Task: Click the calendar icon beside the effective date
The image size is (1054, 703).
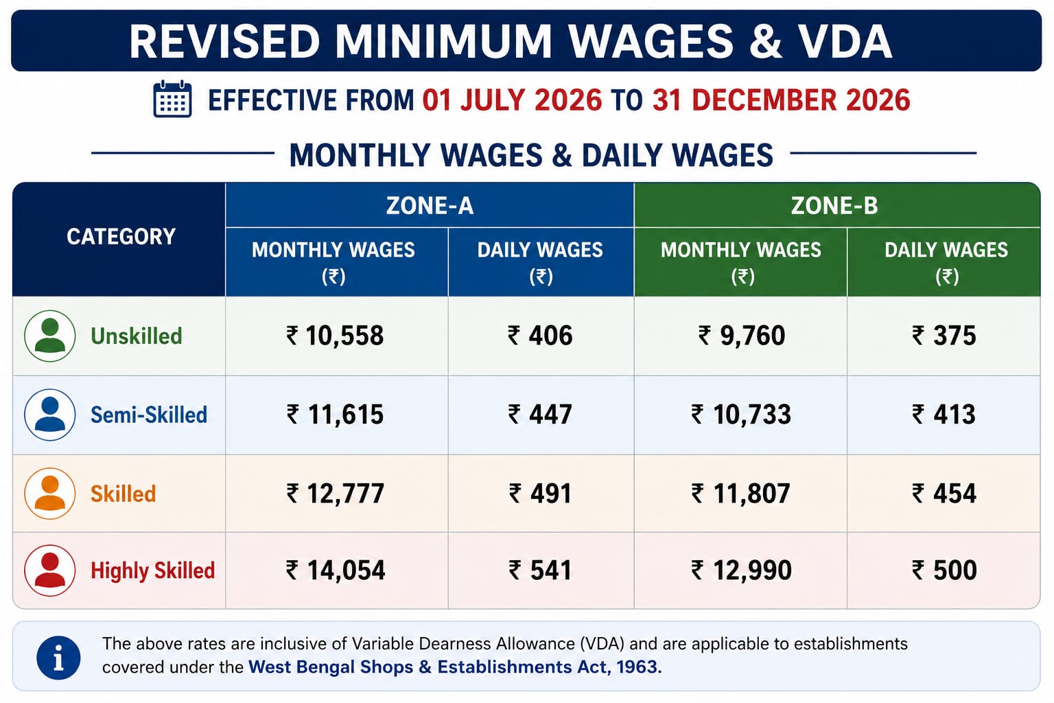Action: [x=172, y=99]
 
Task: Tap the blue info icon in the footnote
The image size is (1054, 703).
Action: [x=58, y=657]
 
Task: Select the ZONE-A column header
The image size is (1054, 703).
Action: [x=430, y=206]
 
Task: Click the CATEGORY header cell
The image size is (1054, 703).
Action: [x=121, y=236]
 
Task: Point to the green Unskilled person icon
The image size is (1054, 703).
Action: [x=50, y=336]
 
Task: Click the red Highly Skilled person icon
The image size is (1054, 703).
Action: [x=50, y=571]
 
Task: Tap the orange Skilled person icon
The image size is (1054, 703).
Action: [x=50, y=494]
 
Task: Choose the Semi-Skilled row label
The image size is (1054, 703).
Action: [x=149, y=415]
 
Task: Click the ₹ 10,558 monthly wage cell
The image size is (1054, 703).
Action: [x=335, y=336]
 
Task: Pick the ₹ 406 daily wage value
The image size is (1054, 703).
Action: [x=540, y=336]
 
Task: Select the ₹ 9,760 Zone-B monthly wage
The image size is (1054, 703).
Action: [x=741, y=336]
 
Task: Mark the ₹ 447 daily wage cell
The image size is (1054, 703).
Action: [x=540, y=415]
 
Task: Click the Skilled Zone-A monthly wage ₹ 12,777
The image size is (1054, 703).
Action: [x=336, y=494]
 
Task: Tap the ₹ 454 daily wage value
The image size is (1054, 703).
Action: [x=944, y=494]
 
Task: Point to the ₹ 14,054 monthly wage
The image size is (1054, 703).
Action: [x=336, y=571]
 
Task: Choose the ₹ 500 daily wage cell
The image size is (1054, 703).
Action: [x=944, y=571]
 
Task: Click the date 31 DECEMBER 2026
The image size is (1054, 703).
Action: [x=781, y=100]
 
